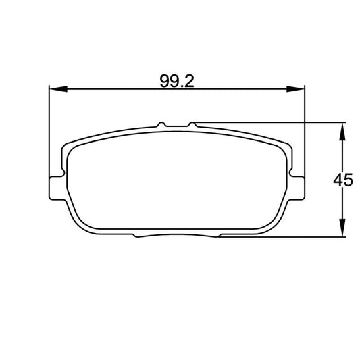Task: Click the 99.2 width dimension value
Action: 178,81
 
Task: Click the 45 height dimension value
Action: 344,180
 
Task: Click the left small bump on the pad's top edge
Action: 161,124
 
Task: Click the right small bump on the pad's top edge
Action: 193,124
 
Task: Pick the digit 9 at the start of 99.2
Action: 164,81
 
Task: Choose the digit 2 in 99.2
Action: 191,81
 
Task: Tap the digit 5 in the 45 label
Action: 349,180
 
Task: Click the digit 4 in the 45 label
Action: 339,180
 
